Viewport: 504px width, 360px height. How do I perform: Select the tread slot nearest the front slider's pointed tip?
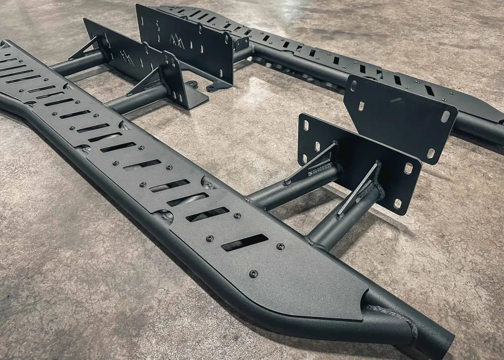[244, 243]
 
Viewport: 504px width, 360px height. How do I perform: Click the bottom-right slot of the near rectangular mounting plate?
[397, 203]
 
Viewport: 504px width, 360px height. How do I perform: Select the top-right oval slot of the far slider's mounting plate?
[445, 116]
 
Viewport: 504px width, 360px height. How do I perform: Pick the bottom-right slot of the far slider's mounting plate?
[431, 153]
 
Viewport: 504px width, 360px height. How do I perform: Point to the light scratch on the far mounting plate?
[396, 100]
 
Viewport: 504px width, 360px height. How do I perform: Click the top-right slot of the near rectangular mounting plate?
[409, 168]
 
